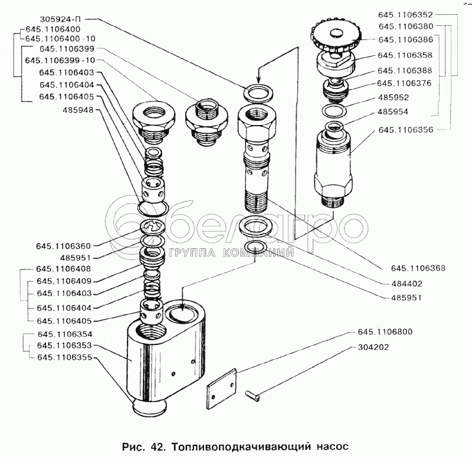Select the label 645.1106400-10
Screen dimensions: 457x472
60,38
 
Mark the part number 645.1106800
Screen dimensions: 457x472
385,332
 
